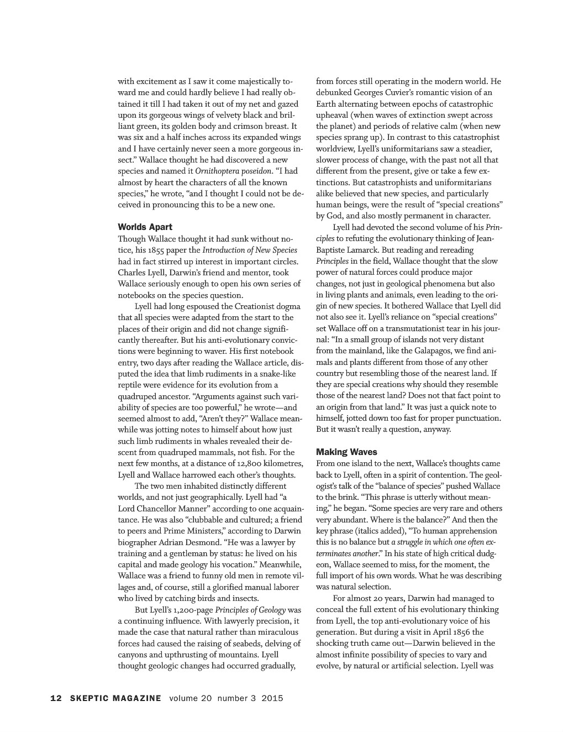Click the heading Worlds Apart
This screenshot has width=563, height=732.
pos(145,227)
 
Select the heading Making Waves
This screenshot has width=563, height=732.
pos(346,452)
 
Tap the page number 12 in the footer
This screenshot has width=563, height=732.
pos(56,698)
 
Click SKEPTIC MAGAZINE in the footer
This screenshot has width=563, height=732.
pos(116,698)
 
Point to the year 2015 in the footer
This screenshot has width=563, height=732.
pos(272,698)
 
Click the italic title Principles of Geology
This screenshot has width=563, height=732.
pos(250,610)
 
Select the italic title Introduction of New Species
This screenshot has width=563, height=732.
pos(250,250)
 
